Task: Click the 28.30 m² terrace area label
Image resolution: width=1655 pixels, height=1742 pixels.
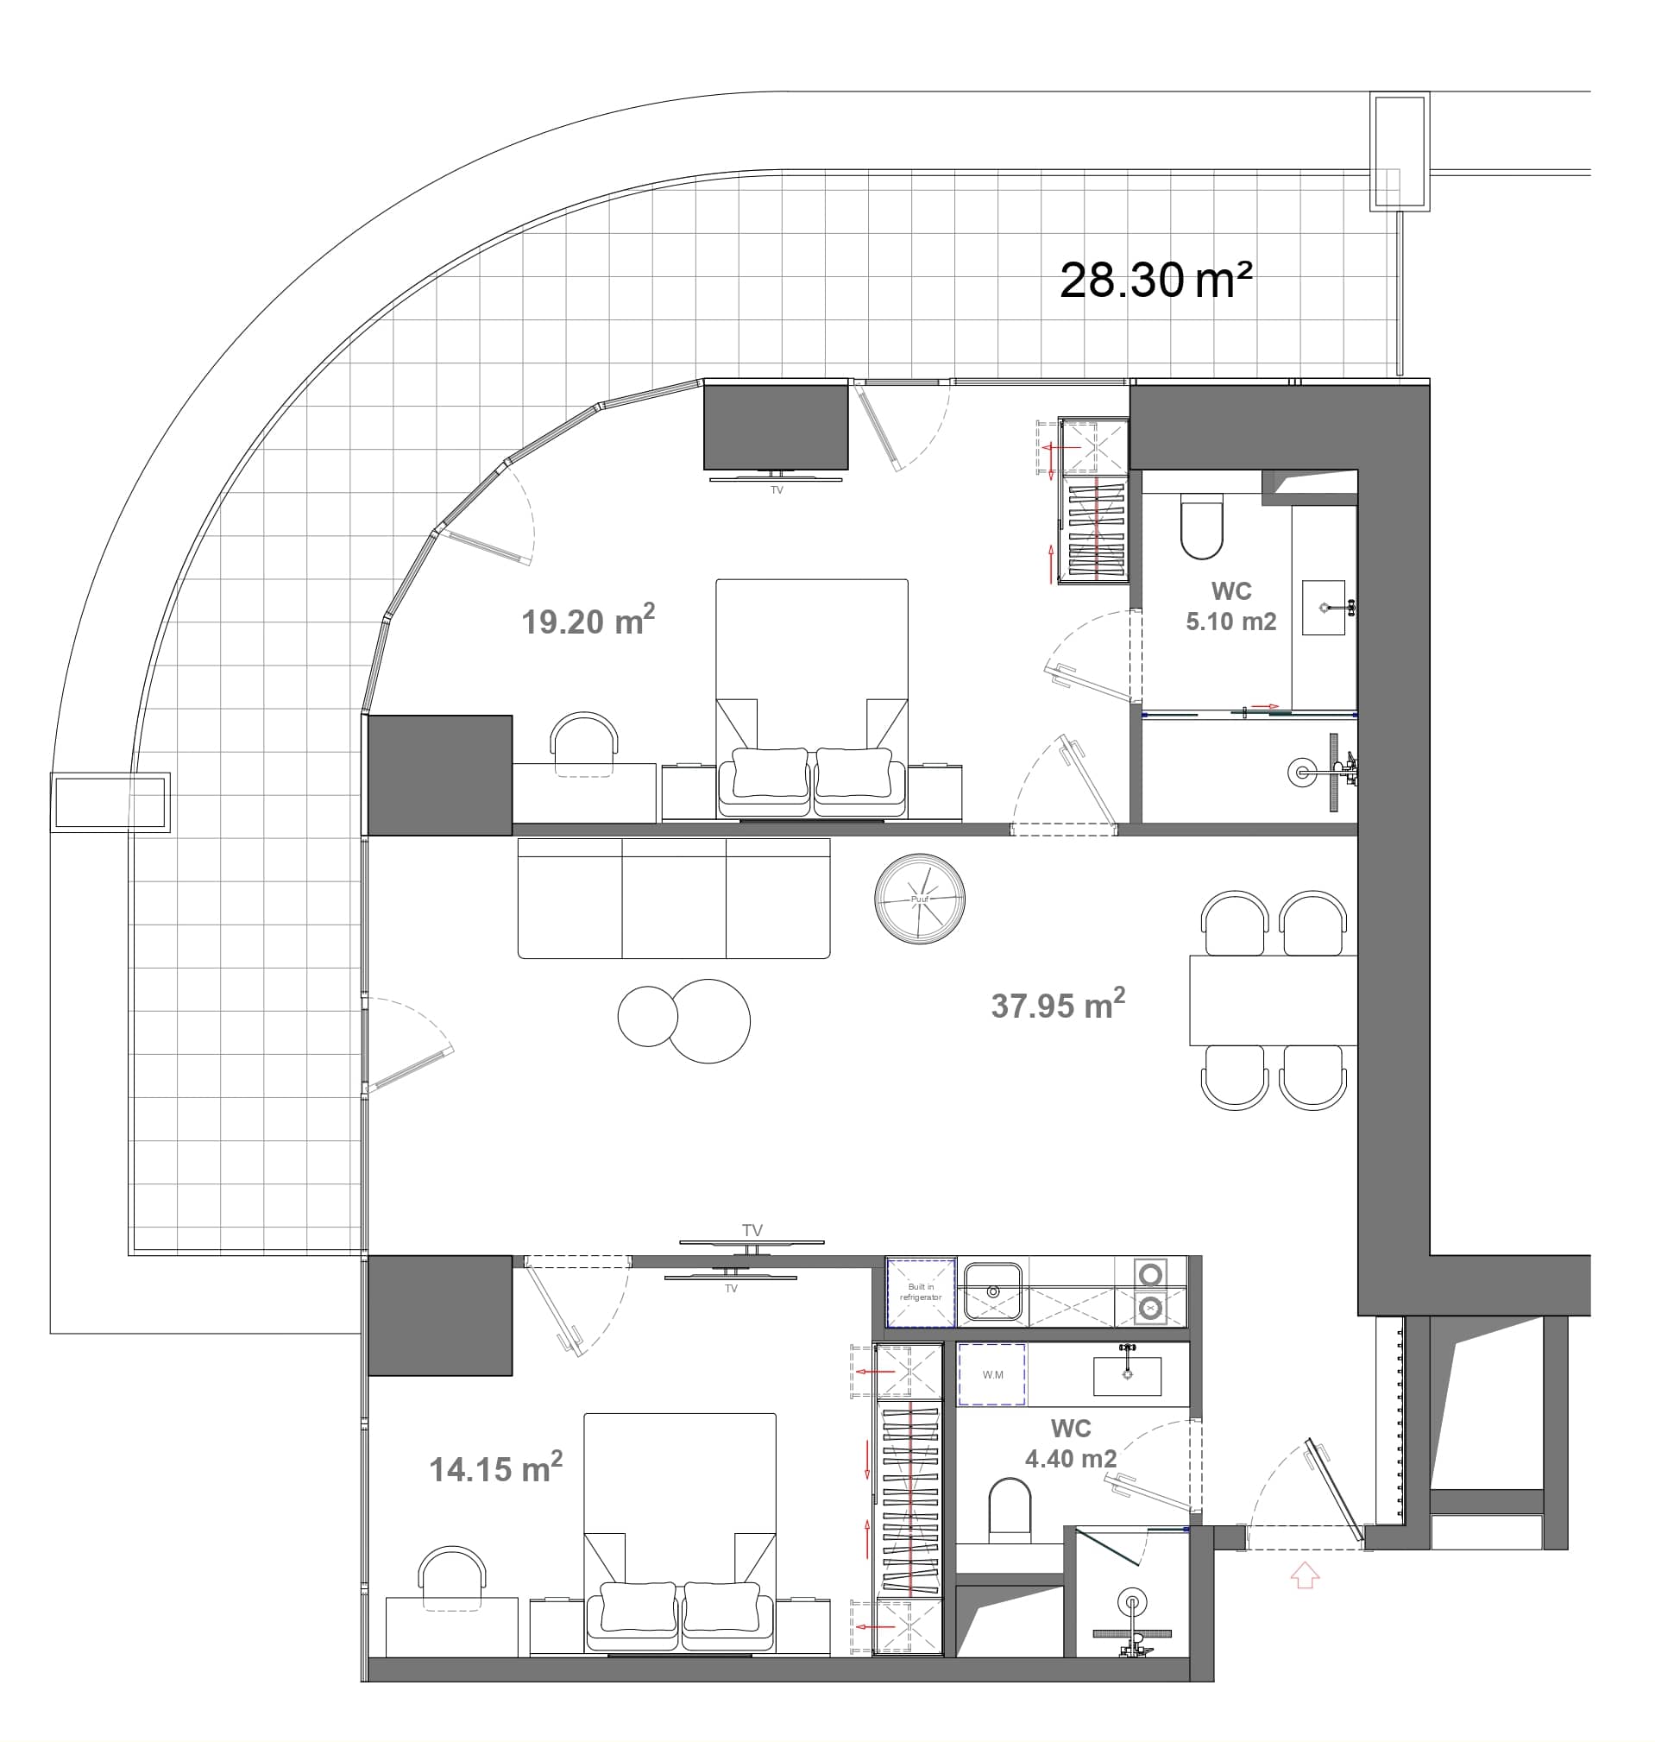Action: [x=1155, y=281]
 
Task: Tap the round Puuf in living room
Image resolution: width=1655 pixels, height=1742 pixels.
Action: [x=919, y=899]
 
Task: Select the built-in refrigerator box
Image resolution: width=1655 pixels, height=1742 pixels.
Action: [x=920, y=1293]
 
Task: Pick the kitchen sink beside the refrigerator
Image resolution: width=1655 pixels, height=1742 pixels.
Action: [x=992, y=1292]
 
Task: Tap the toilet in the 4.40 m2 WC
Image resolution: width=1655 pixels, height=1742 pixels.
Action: [x=1010, y=1510]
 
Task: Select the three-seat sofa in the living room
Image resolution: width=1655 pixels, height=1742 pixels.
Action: [x=673, y=899]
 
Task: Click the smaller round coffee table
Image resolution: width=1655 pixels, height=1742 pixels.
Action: [x=646, y=1016]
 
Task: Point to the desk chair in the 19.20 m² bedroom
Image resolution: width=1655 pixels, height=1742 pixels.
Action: [x=583, y=743]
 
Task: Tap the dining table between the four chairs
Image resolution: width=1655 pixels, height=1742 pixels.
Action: [x=1272, y=1000]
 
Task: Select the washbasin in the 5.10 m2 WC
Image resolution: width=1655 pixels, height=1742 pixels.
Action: [x=1324, y=607]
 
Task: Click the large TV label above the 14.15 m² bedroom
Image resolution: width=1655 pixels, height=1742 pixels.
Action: [x=752, y=1230]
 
